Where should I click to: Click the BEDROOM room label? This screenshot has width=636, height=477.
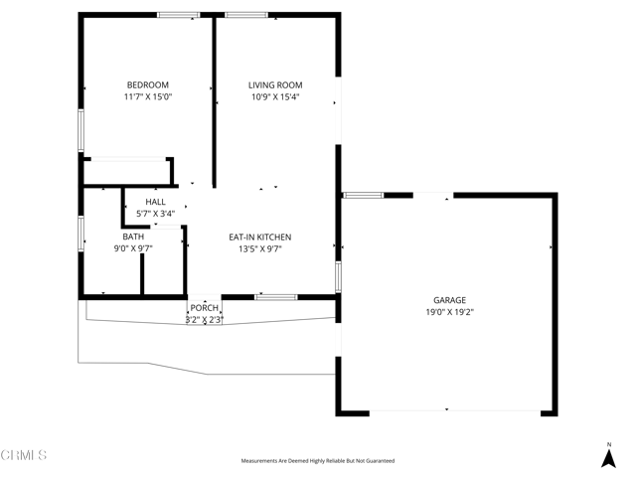[147, 84]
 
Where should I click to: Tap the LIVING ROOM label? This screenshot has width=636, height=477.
[275, 84]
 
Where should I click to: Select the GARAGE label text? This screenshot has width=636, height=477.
[449, 299]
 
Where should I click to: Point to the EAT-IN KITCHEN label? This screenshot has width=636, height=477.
[259, 237]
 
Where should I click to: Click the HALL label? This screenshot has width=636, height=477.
[155, 202]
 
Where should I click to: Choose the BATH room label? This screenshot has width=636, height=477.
[133, 237]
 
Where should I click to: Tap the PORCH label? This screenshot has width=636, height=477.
[205, 308]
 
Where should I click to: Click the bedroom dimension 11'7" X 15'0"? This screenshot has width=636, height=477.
[147, 97]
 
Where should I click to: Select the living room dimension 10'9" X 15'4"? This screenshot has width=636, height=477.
[275, 97]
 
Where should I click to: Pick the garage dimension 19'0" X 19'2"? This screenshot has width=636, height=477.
[449, 312]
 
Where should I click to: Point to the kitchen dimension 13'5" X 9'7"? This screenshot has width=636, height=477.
[259, 249]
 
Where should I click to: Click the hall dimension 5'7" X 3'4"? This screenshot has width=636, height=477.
[155, 214]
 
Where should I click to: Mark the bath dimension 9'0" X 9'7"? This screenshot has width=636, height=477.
[133, 249]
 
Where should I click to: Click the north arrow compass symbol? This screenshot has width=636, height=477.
[609, 456]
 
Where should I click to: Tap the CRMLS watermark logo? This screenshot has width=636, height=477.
[24, 456]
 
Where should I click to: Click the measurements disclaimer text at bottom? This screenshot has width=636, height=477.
[317, 461]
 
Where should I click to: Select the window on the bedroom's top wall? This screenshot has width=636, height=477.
[179, 15]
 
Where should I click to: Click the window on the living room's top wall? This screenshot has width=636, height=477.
[245, 15]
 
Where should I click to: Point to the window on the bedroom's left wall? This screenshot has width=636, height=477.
[81, 129]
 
